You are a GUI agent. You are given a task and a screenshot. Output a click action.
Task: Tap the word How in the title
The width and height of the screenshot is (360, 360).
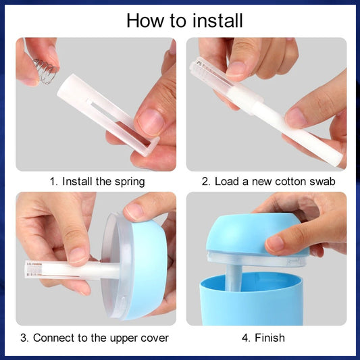(144, 20)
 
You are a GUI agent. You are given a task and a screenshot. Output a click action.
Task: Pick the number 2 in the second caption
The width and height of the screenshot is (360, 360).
(205, 182)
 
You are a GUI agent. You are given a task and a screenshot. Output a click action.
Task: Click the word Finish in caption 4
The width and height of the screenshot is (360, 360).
(270, 337)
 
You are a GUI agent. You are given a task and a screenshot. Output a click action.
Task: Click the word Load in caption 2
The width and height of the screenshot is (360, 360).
(226, 182)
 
